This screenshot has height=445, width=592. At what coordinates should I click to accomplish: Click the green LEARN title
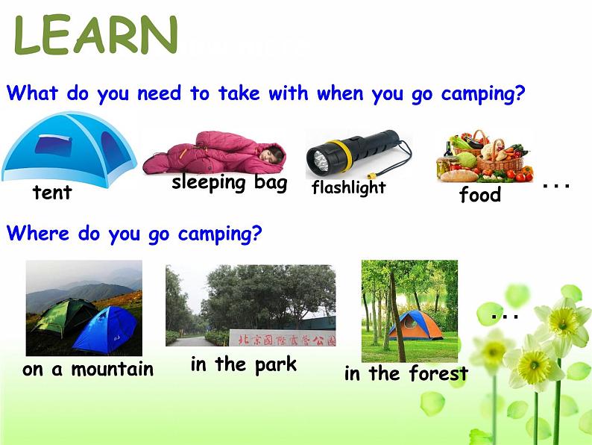pos(96,36)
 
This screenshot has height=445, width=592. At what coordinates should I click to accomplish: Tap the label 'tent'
pos(52,193)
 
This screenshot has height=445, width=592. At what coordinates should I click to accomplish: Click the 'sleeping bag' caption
pos(229,183)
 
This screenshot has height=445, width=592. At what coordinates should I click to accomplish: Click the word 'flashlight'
pos(348,187)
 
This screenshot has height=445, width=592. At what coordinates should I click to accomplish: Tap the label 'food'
pos(479,196)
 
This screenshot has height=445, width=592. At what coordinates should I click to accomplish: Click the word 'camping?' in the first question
pos(483,94)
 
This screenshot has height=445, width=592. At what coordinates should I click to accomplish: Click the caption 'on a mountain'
pos(88,369)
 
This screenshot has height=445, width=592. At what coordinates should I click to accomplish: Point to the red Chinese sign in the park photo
pos(282,339)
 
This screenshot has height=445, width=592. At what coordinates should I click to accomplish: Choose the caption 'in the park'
pos(243,364)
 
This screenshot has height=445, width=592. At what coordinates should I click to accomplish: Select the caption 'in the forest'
pos(406,373)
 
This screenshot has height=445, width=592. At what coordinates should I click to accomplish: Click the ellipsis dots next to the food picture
pos(556,184)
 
